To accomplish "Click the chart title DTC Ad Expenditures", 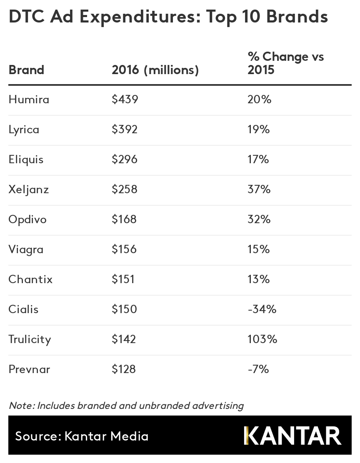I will [168, 17].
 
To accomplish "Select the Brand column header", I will [26, 70].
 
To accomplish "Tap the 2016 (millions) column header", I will [155, 70].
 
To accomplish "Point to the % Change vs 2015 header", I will [285, 63].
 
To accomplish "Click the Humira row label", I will [29, 100].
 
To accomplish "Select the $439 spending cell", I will [125, 100].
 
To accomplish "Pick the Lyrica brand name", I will [24, 129].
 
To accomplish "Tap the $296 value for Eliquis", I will [125, 159].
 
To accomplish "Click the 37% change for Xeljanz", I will [259, 189].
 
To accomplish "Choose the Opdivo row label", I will [27, 219].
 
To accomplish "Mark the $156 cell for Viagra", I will [124, 249].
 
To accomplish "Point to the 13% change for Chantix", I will [258, 279].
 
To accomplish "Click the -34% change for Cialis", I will [262, 309].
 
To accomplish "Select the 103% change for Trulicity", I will [262, 339].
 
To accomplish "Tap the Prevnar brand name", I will [29, 369].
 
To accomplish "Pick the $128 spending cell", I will [124, 369].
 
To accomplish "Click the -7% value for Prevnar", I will [258, 369].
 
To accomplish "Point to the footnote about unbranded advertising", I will [126, 406].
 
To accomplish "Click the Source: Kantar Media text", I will [82, 436].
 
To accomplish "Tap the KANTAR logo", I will [292, 436].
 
